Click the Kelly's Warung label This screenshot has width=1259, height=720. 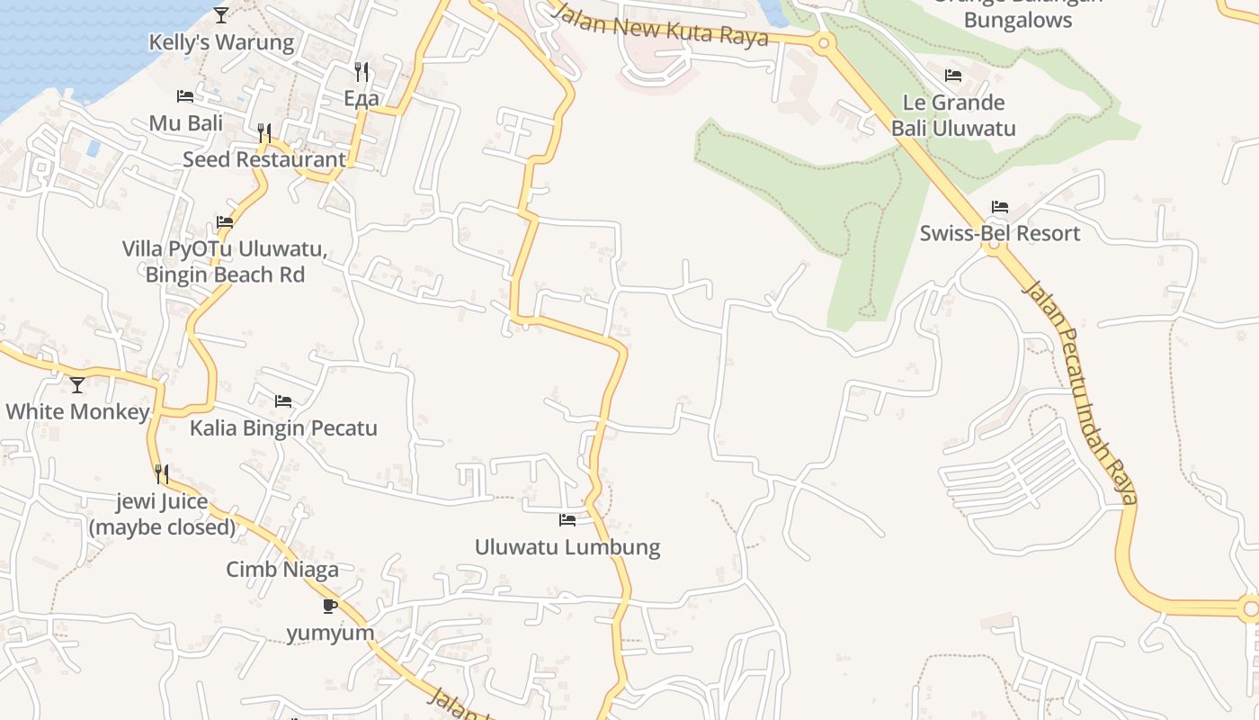click(221, 42)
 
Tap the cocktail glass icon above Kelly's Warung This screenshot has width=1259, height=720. click(221, 14)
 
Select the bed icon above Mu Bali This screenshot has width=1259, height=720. click(185, 95)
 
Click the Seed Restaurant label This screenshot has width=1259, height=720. click(263, 159)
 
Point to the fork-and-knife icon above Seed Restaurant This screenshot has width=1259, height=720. click(263, 132)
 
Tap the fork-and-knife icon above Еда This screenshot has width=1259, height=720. click(362, 71)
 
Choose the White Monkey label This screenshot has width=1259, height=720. click(77, 412)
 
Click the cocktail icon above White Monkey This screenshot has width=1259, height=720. click(77, 385)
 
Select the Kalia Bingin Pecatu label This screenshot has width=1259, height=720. click(283, 427)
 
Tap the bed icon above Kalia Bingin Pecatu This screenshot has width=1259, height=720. click(283, 400)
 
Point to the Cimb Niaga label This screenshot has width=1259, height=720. click(282, 569)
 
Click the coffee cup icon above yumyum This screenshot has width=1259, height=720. click(330, 606)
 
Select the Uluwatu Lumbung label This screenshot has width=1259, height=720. click(567, 546)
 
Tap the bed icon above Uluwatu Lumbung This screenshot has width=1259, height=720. click(567, 519)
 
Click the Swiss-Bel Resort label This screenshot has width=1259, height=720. click(999, 234)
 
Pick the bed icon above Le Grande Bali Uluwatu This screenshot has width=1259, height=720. click(953, 75)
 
